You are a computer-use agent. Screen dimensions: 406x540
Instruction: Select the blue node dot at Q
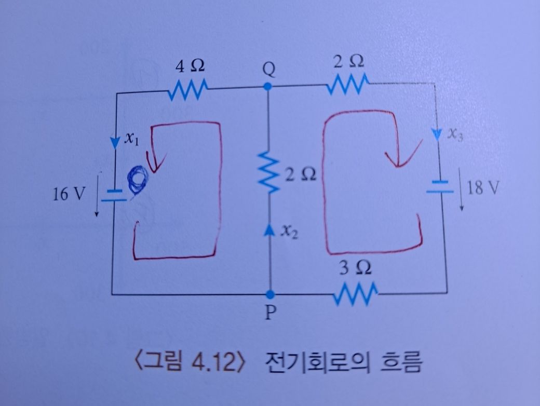267,86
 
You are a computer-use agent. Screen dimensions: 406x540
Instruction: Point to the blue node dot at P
268,294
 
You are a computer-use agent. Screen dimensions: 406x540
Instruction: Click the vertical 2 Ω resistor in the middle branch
268,173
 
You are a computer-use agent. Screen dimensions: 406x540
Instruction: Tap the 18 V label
482,187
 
